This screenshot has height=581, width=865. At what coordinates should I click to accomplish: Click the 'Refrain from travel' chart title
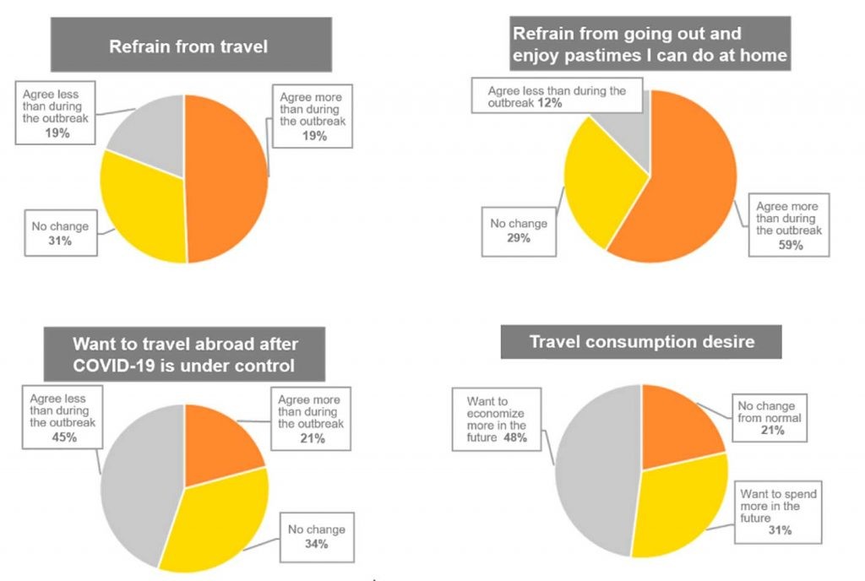tap(188, 46)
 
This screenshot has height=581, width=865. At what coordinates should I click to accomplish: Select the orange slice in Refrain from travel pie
tap(228, 177)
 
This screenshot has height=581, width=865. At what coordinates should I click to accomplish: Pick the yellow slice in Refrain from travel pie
tap(144, 211)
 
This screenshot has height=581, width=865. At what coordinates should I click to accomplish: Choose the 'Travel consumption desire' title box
tap(641, 342)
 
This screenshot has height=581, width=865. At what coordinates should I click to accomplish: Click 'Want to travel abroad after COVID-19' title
tap(185, 355)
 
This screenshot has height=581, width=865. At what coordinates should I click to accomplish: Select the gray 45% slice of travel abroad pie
tap(135, 481)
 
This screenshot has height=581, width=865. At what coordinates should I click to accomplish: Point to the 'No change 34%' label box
tap(316, 536)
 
